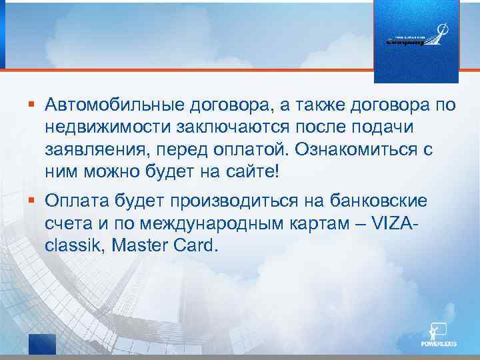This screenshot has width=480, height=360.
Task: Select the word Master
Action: (138, 246)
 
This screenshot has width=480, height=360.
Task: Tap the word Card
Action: (196, 246)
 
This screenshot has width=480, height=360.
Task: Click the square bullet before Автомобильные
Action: (32, 103)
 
